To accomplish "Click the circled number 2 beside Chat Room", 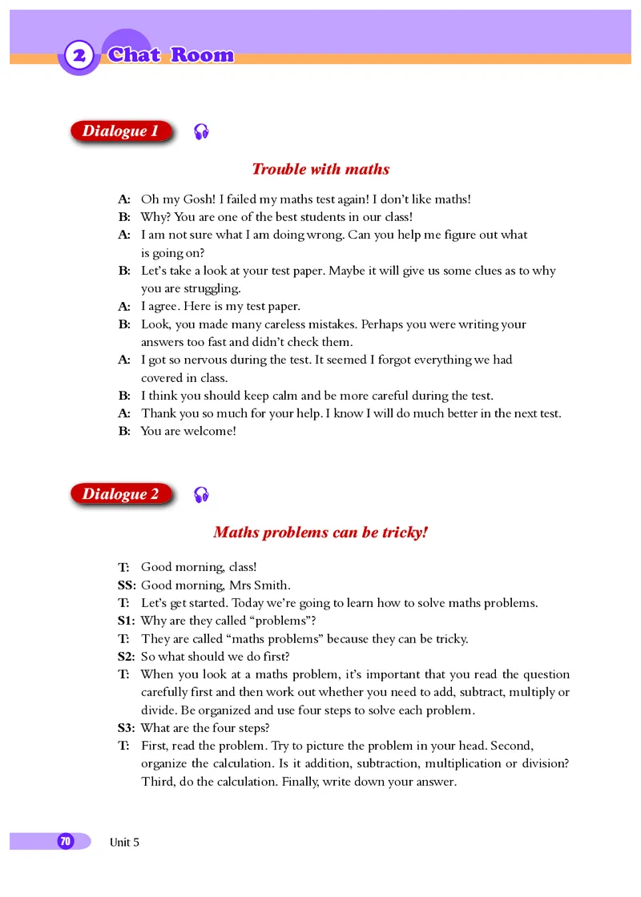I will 79,56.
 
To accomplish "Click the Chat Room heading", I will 171,55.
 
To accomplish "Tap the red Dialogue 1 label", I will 121,131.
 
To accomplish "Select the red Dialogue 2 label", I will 121,494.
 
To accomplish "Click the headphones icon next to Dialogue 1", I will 202,132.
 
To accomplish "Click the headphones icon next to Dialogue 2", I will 202,495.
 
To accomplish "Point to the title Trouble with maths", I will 320,169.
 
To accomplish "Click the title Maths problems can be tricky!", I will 320,532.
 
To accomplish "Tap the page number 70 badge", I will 65,841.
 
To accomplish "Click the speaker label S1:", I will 127,621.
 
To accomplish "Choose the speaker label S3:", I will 127,728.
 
